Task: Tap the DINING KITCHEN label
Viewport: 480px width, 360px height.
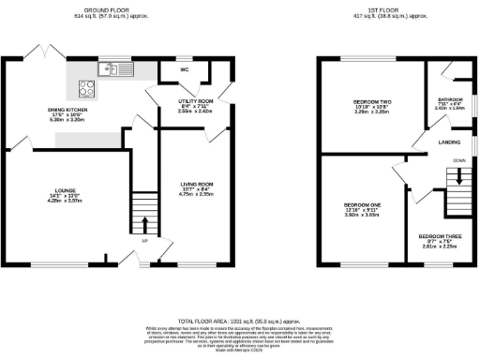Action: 66,110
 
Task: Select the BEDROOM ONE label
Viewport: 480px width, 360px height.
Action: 362,204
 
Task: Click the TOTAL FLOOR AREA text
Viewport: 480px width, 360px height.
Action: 240,319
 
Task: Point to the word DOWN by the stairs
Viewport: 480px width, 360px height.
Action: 459,160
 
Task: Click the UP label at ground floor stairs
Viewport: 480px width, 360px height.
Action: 143,239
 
